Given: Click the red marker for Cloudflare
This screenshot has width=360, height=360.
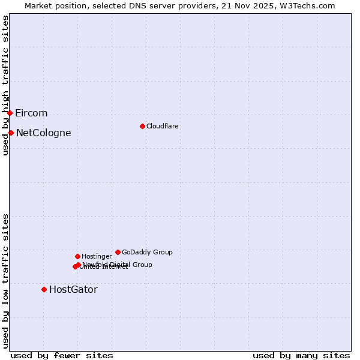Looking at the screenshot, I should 142,126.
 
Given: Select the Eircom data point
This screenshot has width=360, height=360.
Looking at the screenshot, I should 10,113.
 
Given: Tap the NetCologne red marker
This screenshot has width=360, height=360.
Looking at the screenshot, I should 11,133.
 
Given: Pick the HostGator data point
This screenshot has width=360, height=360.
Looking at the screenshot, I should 44,289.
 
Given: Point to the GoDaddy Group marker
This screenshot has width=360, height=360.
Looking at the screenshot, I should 118,252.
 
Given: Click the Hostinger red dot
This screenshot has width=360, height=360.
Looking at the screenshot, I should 77,256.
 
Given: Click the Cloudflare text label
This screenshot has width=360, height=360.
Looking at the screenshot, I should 162,126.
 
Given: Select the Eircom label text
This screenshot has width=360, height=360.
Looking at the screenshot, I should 31,113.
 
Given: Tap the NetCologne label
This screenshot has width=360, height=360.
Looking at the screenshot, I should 43,133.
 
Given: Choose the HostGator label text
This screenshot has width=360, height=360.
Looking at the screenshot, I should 73,290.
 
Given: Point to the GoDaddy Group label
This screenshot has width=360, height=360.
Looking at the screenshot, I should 147,252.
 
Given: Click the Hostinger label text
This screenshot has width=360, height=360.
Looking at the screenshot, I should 97,256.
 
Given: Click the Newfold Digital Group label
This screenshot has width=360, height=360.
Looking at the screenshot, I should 118,265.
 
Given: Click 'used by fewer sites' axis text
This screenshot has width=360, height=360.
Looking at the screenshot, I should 62,355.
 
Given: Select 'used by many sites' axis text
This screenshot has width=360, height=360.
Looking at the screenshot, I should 301,355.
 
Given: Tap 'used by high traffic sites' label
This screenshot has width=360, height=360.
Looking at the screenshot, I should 5,85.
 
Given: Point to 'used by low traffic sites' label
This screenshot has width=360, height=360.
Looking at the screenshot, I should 5,280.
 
